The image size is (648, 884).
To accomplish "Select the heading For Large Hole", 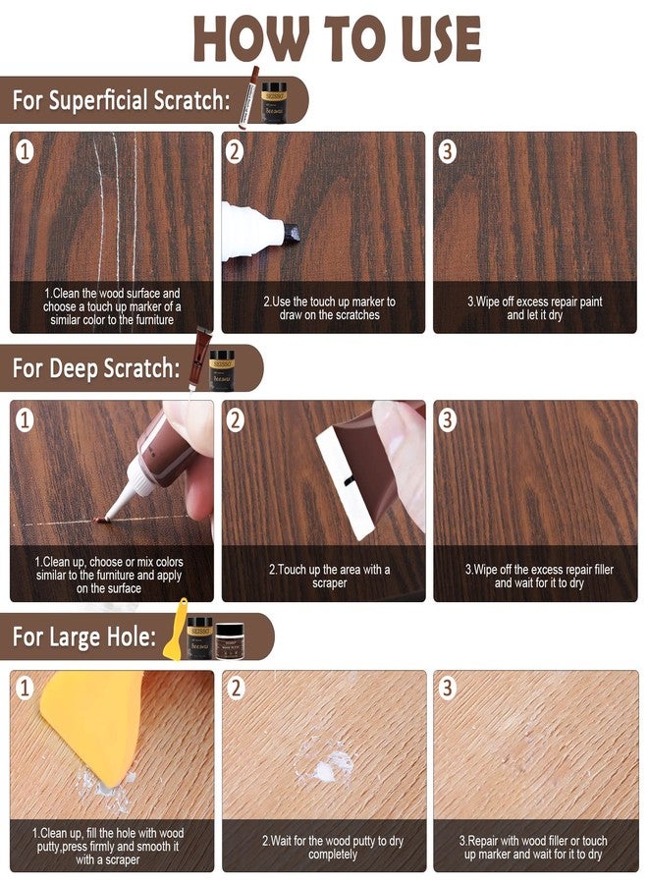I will click(84, 636).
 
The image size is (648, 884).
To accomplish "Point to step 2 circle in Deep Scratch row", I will click(236, 419).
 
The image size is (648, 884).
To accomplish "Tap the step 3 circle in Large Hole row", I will click(448, 688).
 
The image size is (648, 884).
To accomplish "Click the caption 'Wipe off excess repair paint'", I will click(534, 307).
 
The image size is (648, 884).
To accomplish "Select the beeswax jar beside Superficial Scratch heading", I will click(276, 101).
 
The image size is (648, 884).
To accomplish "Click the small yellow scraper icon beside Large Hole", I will click(179, 629).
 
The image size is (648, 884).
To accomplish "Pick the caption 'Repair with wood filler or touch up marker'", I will click(534, 848).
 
